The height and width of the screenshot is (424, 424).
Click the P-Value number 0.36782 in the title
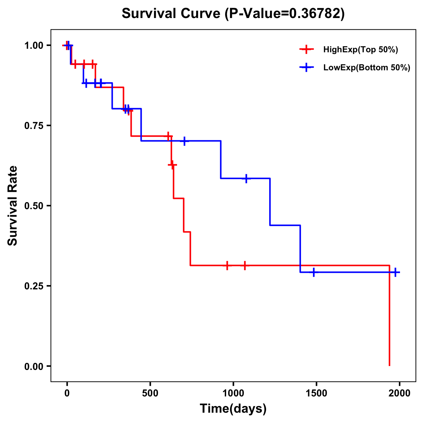point(315,13)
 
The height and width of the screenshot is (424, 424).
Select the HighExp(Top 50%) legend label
point(360,50)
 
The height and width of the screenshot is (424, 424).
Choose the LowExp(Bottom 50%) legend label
point(367,68)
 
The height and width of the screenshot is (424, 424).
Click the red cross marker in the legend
point(306,50)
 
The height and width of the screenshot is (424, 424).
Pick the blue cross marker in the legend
point(306,68)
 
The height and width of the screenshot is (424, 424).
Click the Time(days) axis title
point(233,409)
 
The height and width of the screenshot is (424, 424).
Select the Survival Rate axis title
point(13,206)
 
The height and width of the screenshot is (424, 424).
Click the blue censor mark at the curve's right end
point(395,272)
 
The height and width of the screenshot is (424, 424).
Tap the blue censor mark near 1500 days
point(313,272)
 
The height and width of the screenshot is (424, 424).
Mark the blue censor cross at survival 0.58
point(246,178)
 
